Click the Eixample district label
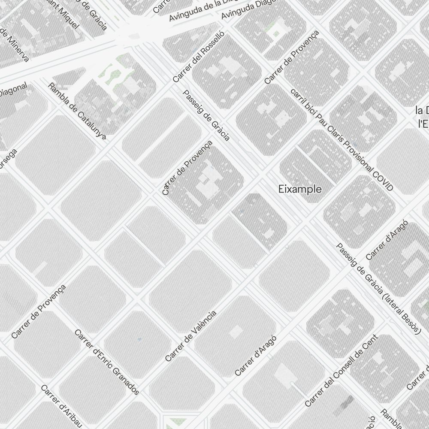(x=300, y=189)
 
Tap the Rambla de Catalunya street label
(x=77, y=111)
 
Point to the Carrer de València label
(x=190, y=336)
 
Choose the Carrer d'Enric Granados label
(x=107, y=362)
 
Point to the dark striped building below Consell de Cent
(x=346, y=404)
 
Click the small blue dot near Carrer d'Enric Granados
(x=139, y=339)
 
